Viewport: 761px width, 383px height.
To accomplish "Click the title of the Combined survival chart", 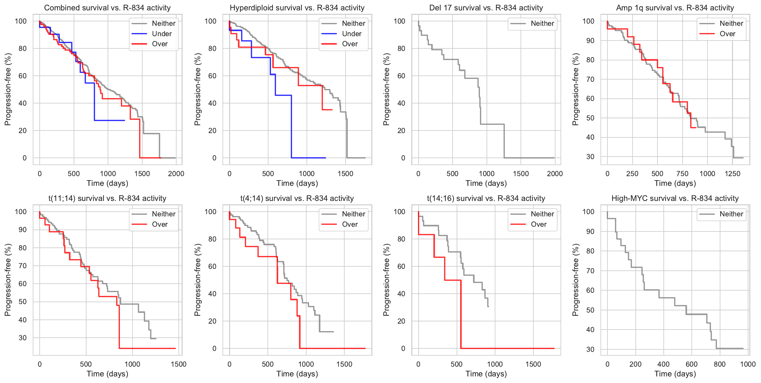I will tap(107, 8).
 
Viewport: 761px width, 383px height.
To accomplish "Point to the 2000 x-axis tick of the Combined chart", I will tap(176, 174).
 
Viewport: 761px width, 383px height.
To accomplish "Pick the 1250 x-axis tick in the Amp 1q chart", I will tap(732, 174).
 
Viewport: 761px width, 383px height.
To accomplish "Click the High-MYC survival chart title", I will tap(675, 198).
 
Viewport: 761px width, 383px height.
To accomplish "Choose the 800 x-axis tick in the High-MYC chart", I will tap(720, 364).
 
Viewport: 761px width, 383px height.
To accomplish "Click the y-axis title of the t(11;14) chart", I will tap(8, 280).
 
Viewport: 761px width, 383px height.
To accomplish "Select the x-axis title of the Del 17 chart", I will tap(486, 183).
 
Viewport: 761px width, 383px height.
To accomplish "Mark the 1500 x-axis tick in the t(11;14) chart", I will tap(178, 364).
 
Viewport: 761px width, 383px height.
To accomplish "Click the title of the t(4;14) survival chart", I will tap(297, 198).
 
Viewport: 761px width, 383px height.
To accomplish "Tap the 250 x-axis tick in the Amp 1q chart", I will tap(632, 174).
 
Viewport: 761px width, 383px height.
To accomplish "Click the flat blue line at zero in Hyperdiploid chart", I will tap(308, 158).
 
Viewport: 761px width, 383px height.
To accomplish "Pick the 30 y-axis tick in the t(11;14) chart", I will tap(23, 338).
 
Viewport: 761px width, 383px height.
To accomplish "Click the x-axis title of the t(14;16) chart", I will tap(486, 374).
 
